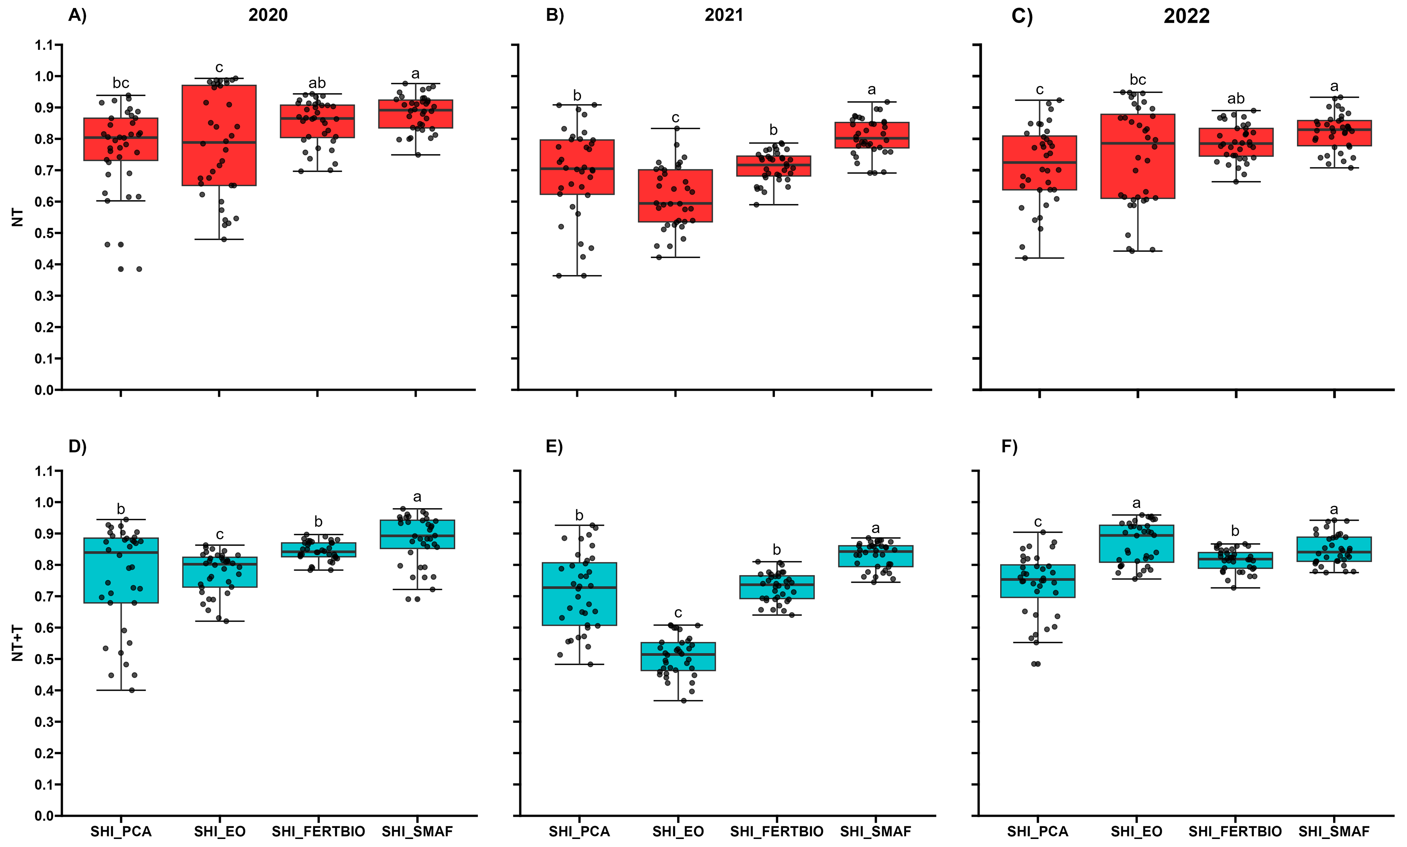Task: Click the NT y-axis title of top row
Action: pos(18,217)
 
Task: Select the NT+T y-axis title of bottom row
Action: pos(18,643)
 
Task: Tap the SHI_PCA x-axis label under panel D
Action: pos(121,832)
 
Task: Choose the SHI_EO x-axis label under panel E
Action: pos(678,832)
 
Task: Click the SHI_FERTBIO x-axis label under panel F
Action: pos(1235,832)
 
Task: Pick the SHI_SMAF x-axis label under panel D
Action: pos(417,832)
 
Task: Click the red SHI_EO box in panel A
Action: pos(219,135)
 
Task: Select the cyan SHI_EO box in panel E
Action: pos(678,656)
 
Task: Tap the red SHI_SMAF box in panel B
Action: pos(872,135)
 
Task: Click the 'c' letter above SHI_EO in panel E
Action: pos(678,613)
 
